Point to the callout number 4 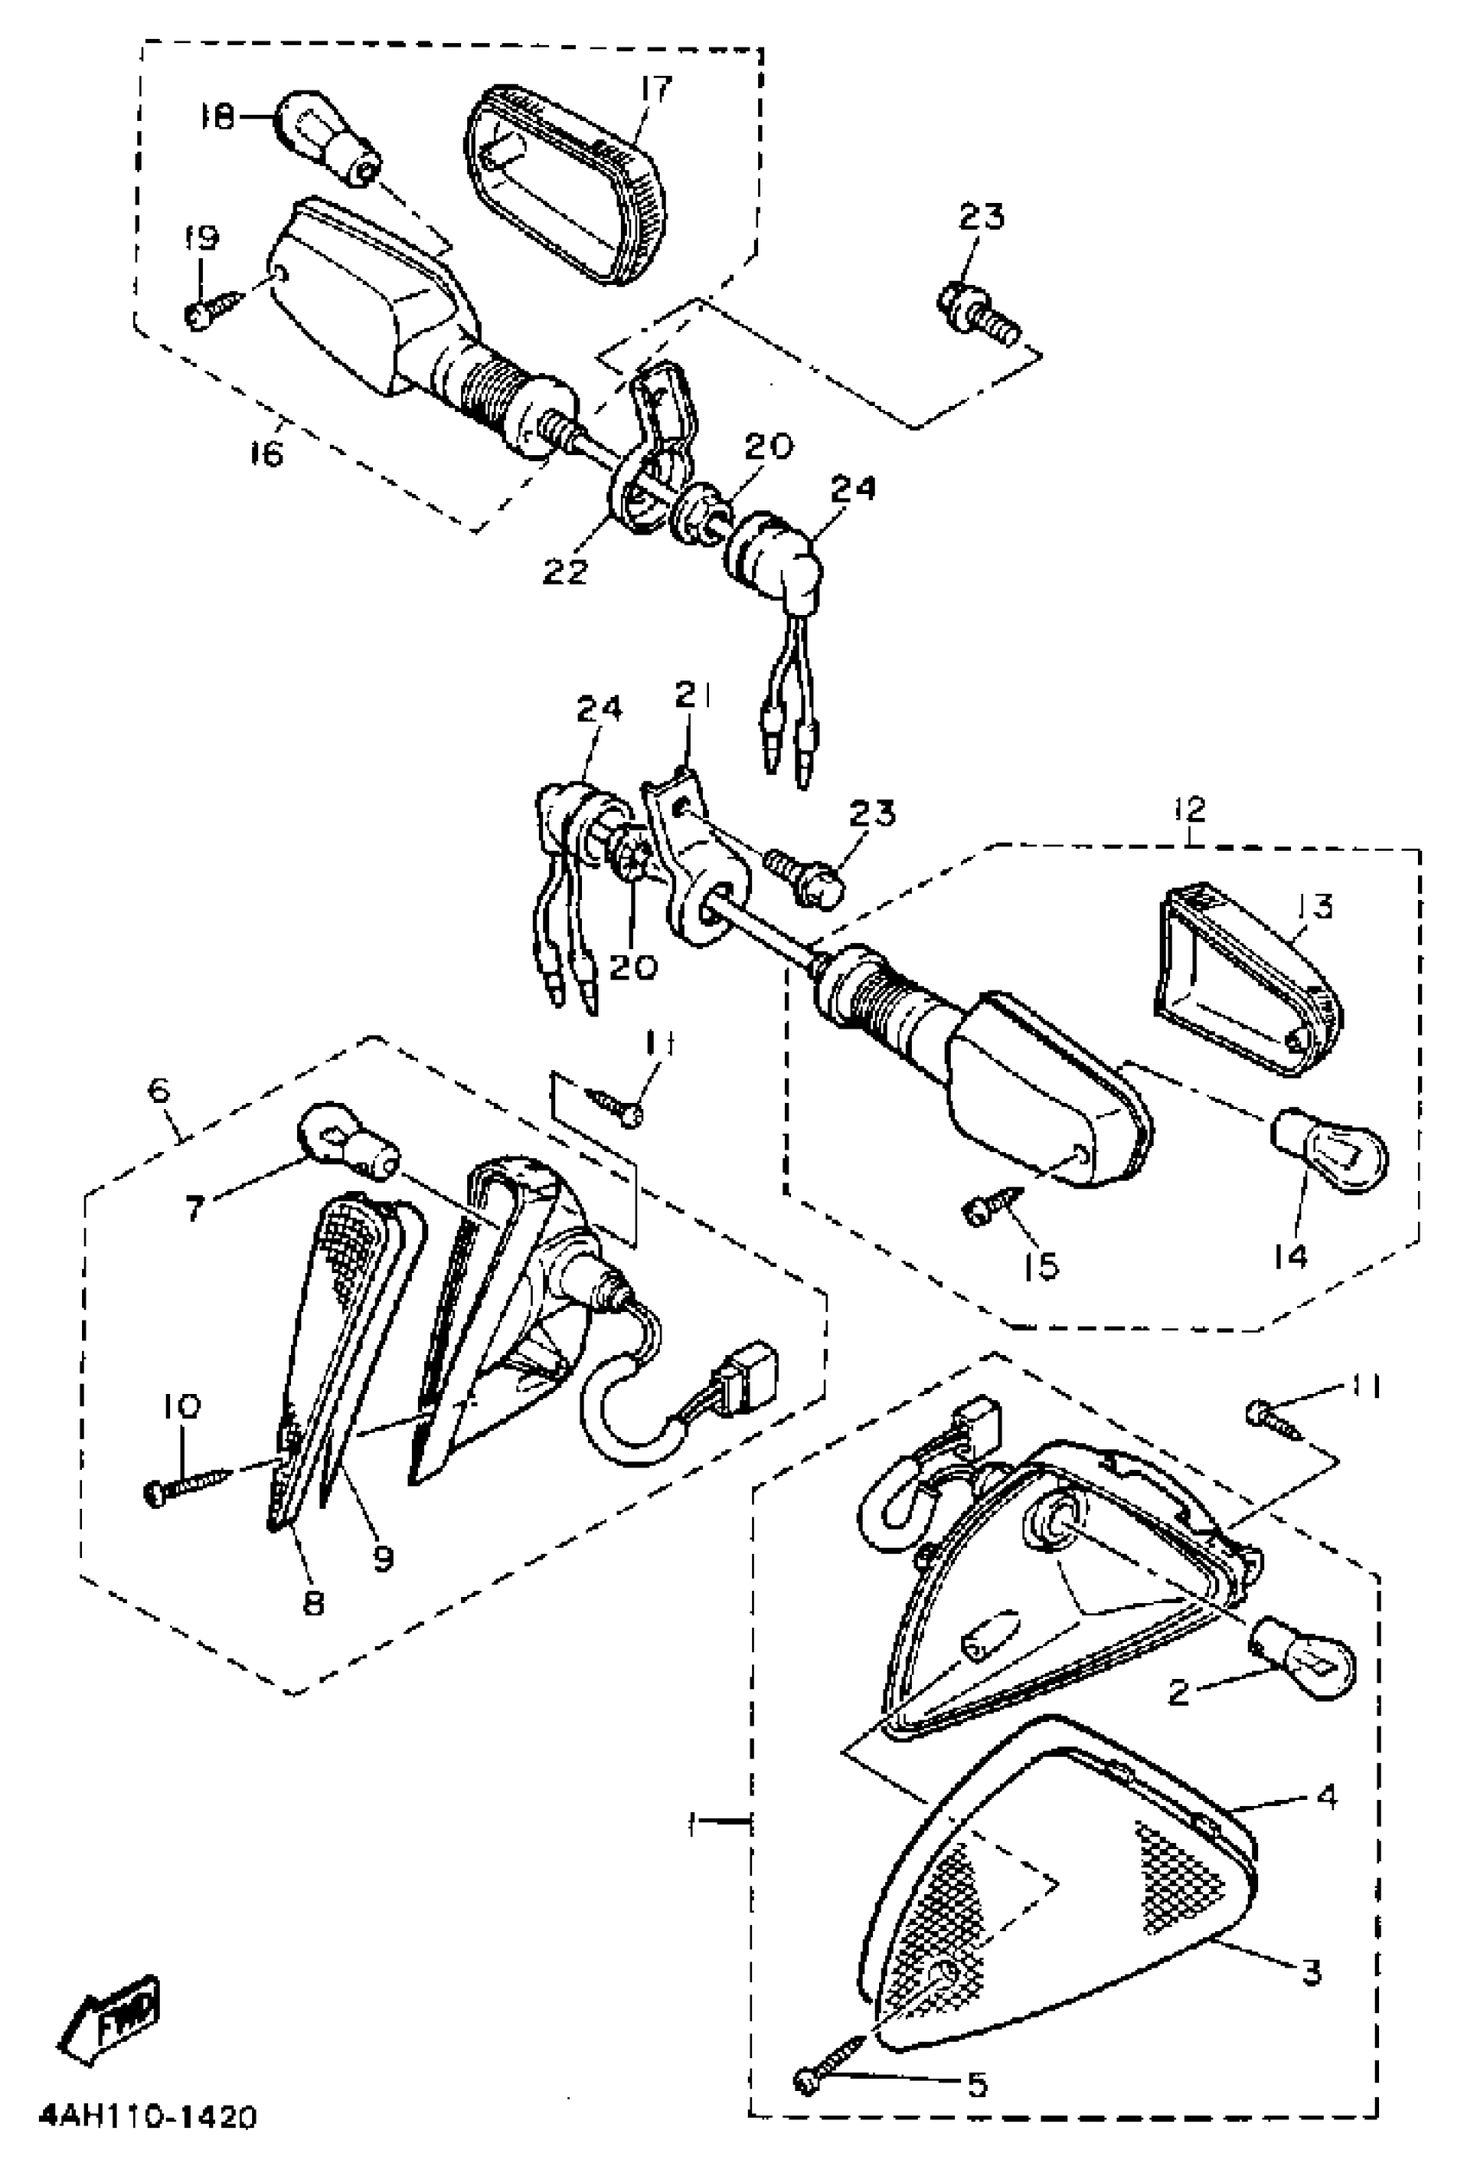pyautogui.click(x=1325, y=1796)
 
